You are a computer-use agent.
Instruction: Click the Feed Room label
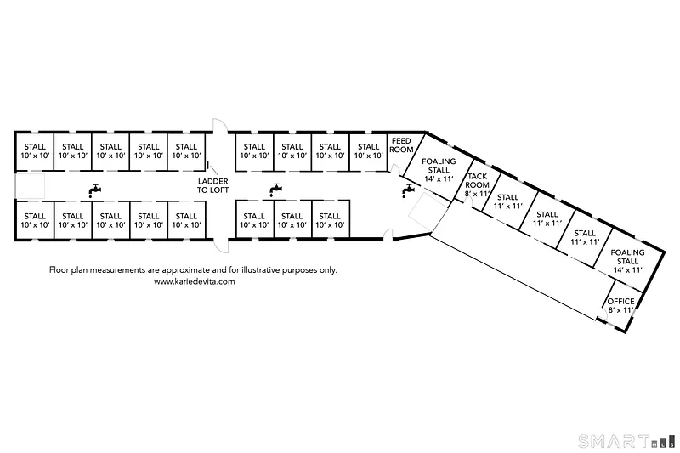click(401, 145)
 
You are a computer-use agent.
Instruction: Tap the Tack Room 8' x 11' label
click(477, 185)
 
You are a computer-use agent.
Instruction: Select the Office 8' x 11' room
click(620, 306)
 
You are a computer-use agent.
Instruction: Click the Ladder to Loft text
click(213, 185)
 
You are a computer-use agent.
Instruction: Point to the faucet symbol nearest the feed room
click(407, 190)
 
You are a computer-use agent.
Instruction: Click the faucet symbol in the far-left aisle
click(94, 190)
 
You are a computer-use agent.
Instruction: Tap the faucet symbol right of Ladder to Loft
click(275, 190)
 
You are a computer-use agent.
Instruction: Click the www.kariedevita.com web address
click(195, 281)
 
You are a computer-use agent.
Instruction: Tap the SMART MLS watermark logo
click(627, 441)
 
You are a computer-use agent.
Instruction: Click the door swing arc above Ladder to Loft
click(220, 125)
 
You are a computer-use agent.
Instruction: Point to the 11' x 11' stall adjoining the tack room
click(508, 201)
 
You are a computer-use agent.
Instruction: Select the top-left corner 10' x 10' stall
click(35, 151)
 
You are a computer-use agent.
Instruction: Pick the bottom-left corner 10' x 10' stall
click(35, 220)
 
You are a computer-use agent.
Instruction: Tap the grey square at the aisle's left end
click(30, 186)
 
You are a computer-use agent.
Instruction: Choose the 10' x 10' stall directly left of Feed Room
click(368, 151)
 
